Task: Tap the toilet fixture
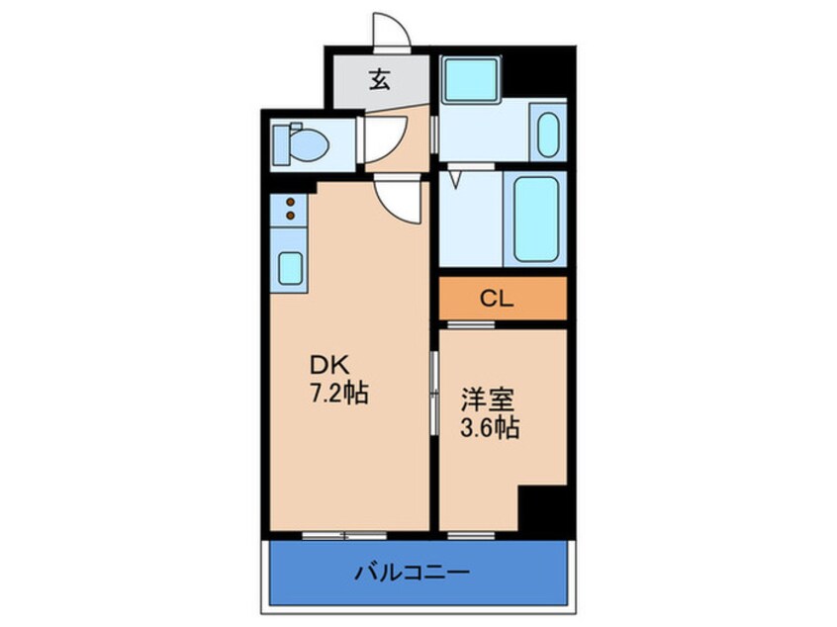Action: point(301,145)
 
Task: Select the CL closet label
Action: point(497,299)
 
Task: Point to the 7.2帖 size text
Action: point(336,394)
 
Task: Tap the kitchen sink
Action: point(290,267)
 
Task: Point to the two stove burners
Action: point(291,207)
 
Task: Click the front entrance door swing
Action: point(392,31)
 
